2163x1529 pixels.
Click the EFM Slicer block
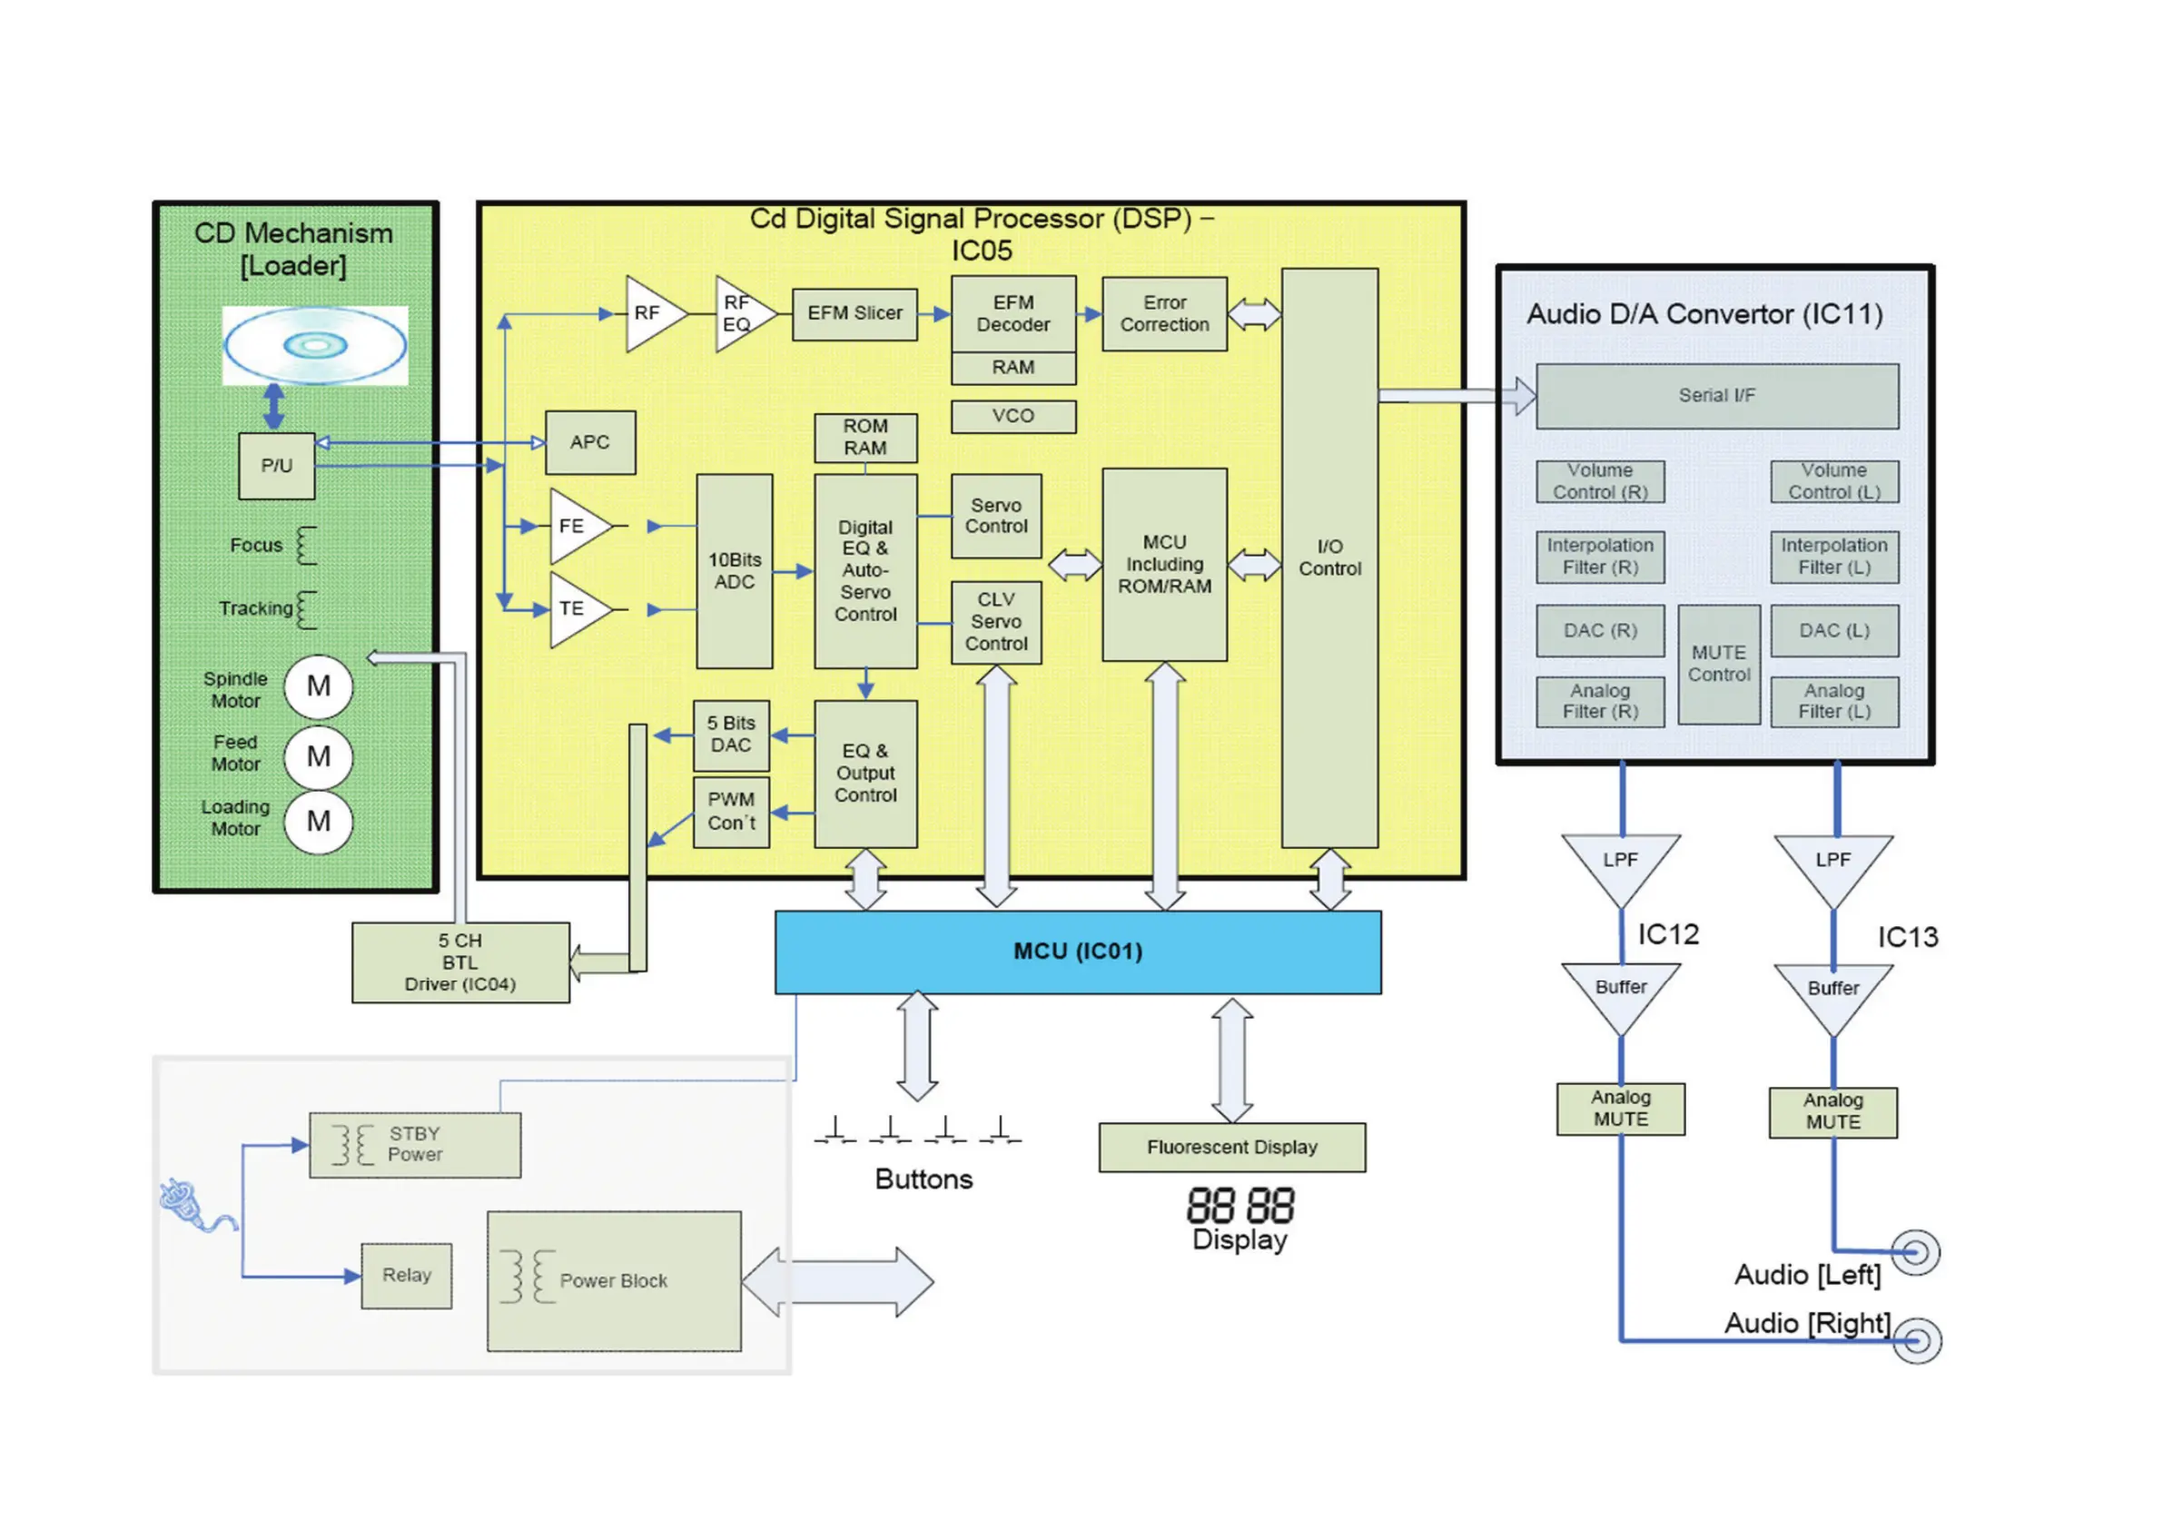pyautogui.click(x=854, y=314)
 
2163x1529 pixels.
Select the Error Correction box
pyautogui.click(x=1164, y=314)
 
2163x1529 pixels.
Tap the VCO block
pyautogui.click(x=1012, y=417)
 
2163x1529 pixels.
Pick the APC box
pyautogui.click(x=589, y=443)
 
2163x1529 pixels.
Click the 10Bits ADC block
pyautogui.click(x=734, y=571)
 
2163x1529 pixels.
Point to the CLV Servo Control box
pyautogui.click(x=996, y=623)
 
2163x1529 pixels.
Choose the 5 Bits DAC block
pyautogui.click(x=731, y=735)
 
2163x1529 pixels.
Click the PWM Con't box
pyautogui.click(x=731, y=811)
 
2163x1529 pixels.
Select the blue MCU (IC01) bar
pyautogui.click(x=1078, y=952)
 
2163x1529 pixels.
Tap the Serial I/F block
pyautogui.click(x=1716, y=397)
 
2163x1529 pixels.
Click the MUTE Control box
pyautogui.click(x=1718, y=664)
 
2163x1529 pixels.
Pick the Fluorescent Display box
pyautogui.click(x=1231, y=1148)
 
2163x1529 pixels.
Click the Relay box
pyautogui.click(x=406, y=1276)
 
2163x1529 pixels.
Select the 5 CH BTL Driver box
pyautogui.click(x=459, y=962)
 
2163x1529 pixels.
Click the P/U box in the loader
pyautogui.click(x=276, y=467)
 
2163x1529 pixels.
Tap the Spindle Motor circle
pyautogui.click(x=319, y=686)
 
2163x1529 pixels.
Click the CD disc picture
pyautogui.click(x=315, y=346)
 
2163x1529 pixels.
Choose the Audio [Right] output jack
pyautogui.click(x=1916, y=1339)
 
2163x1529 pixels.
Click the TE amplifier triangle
pyautogui.click(x=575, y=609)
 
